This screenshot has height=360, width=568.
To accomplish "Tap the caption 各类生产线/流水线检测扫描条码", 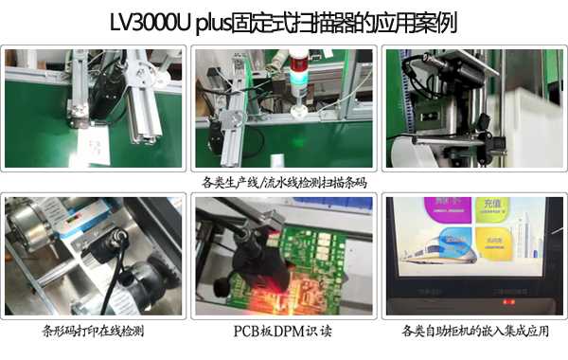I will pos(284,182).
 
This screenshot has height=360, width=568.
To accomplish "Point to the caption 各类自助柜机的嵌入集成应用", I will pos(473,332).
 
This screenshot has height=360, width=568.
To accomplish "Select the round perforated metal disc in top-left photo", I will pos(148,72).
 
